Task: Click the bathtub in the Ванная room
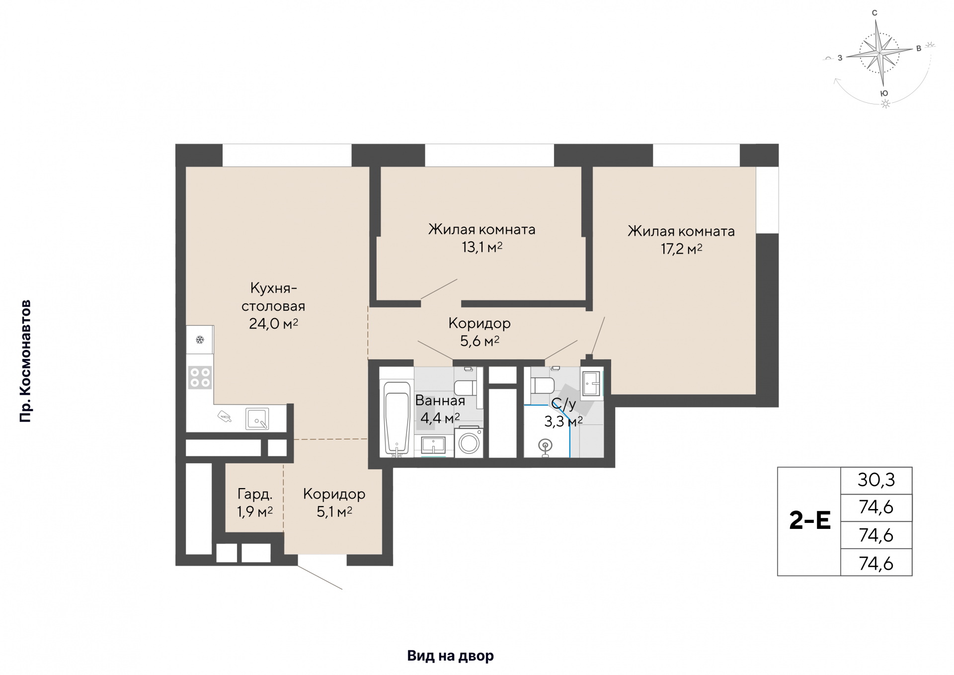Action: pos(397,418)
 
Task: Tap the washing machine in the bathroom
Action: pos(469,440)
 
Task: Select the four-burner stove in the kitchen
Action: pos(200,377)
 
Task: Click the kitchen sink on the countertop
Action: pos(257,419)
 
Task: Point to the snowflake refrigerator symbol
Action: pos(200,340)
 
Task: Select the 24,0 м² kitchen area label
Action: pos(273,324)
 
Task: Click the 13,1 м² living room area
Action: pos(482,247)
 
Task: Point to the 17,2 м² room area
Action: pos(681,249)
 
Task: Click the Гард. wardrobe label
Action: pos(255,494)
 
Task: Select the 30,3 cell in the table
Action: pos(876,480)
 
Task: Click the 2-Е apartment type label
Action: pos(810,521)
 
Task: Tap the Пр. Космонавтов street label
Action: pos(25,361)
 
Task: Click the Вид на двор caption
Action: pos(450,656)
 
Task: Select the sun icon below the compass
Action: pos(885,104)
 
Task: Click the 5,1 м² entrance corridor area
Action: pos(334,511)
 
